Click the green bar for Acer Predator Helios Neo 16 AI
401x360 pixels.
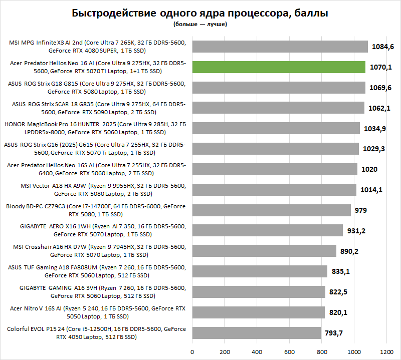click(x=279, y=67)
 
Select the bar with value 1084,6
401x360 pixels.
click(x=280, y=47)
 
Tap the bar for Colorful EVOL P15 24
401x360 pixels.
click(x=256, y=333)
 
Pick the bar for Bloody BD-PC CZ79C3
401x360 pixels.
click(x=271, y=210)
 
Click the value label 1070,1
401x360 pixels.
click(x=382, y=67)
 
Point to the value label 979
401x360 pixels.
click(x=361, y=210)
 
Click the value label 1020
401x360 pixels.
click(x=369, y=169)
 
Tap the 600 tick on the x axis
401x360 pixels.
click(x=289, y=350)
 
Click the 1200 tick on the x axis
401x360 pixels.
click(x=386, y=350)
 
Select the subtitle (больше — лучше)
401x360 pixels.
click(x=200, y=24)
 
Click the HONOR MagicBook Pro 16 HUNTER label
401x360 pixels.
click(x=95, y=128)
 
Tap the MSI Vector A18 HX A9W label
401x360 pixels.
click(x=95, y=190)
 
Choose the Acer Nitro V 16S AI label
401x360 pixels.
click(x=95, y=312)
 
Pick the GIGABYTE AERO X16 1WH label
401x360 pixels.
click(x=95, y=230)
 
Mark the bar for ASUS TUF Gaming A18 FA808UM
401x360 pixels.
click(x=260, y=271)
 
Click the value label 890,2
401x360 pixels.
click(x=349, y=251)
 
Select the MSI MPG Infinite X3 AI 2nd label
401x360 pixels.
click(x=95, y=47)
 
